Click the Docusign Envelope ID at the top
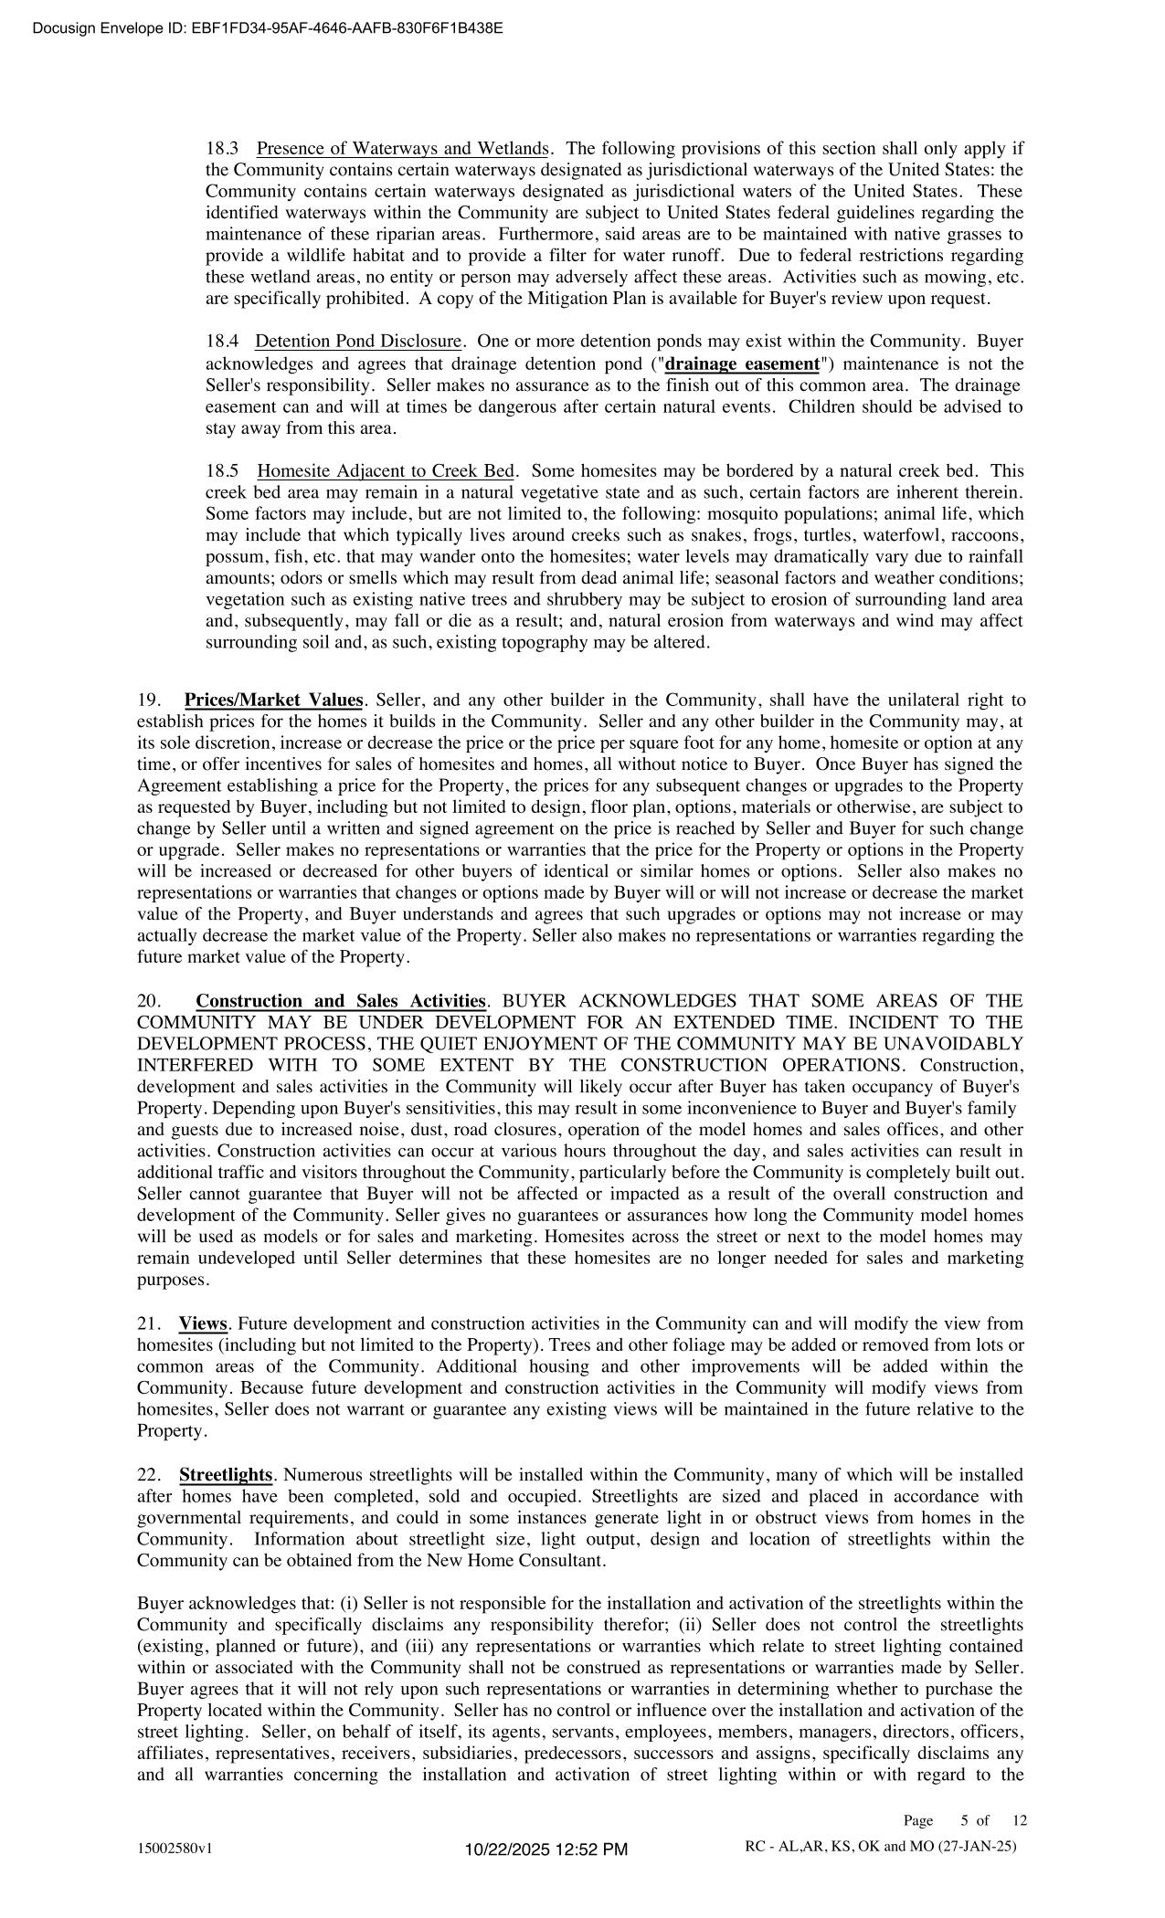pyautogui.click(x=267, y=27)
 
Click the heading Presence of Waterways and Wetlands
pyautogui.click(x=402, y=148)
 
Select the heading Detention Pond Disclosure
pyautogui.click(x=358, y=342)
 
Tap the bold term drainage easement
pyautogui.click(x=742, y=364)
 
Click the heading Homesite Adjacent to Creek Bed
pyautogui.click(x=386, y=471)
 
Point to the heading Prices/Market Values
pyautogui.click(x=273, y=701)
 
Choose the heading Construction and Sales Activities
pyautogui.click(x=341, y=1001)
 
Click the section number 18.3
pyautogui.click(x=222, y=148)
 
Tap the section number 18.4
pyautogui.click(x=222, y=342)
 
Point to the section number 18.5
pyautogui.click(x=222, y=471)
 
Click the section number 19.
pyautogui.click(x=148, y=701)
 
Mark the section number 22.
pyautogui.click(x=148, y=1475)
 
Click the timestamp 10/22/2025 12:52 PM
pyautogui.click(x=546, y=1850)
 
